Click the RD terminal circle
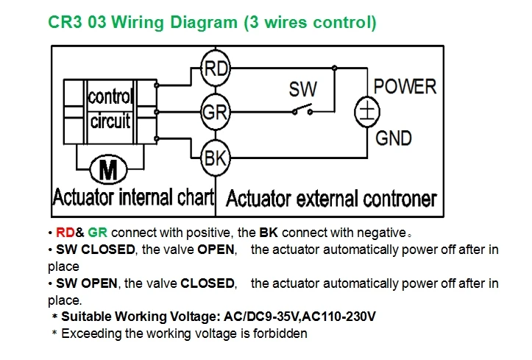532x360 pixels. pyautogui.click(x=216, y=68)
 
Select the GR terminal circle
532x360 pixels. pyautogui.click(x=216, y=112)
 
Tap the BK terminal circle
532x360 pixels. pyautogui.click(x=216, y=158)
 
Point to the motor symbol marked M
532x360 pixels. pyautogui.click(x=109, y=169)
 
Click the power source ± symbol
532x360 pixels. pyautogui.click(x=367, y=112)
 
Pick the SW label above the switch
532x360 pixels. pyautogui.click(x=303, y=89)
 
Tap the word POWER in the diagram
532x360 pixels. pyautogui.click(x=405, y=87)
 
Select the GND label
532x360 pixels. pyautogui.click(x=394, y=138)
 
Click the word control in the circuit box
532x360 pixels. pyautogui.click(x=110, y=96)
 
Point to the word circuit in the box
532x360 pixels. pyautogui.click(x=110, y=121)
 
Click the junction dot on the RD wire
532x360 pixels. pyautogui.click(x=335, y=68)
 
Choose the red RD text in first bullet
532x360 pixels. pyautogui.click(x=65, y=233)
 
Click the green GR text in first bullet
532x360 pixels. pyautogui.click(x=97, y=233)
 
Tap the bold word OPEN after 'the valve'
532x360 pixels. pyautogui.click(x=216, y=250)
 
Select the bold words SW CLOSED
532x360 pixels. pyautogui.click(x=96, y=250)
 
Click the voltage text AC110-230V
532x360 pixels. pyautogui.click(x=339, y=317)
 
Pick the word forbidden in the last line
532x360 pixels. pyautogui.click(x=280, y=333)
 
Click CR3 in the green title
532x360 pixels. pyautogui.click(x=65, y=22)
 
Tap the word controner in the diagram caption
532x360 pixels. pyautogui.click(x=400, y=199)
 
